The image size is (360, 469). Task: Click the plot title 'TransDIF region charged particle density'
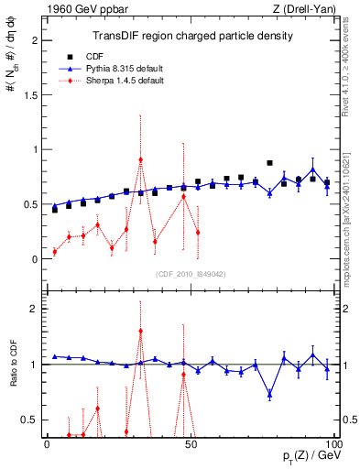[x=192, y=36]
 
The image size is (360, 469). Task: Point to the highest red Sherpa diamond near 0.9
[x=140, y=159]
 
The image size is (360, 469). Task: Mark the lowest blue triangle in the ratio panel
[x=269, y=395]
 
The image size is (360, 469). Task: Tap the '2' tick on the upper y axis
[x=34, y=41]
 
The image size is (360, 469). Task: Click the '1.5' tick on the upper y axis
[x=30, y=95]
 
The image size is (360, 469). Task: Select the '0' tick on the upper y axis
[x=34, y=258]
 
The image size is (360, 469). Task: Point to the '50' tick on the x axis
[x=190, y=443]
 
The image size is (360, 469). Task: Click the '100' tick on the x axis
[x=331, y=443]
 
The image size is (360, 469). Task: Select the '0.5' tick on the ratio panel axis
[x=30, y=420]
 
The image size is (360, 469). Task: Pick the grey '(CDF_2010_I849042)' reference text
[x=192, y=272]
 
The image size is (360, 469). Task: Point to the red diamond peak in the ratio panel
[x=140, y=331]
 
